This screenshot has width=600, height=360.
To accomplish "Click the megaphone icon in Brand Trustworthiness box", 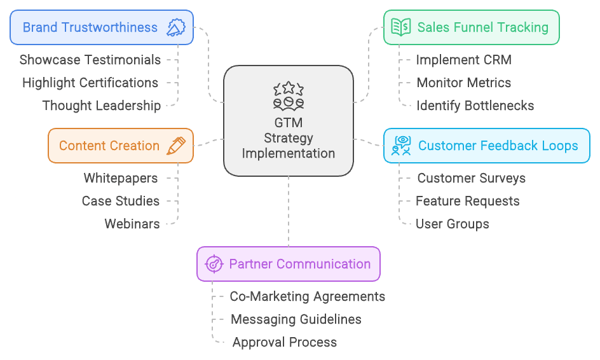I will click(x=175, y=27).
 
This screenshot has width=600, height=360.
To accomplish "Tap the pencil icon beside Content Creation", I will click(x=175, y=146).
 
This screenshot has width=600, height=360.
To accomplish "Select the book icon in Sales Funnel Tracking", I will click(x=400, y=27).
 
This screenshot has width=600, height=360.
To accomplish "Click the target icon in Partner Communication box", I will click(x=214, y=264).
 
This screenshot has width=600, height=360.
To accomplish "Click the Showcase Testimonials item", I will click(x=90, y=60).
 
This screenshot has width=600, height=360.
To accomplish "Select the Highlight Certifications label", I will click(x=90, y=83).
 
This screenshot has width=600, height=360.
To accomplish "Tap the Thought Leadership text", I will click(x=102, y=106).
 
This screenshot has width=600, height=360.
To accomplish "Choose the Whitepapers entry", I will click(x=121, y=178).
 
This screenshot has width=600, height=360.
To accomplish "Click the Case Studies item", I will click(x=121, y=201).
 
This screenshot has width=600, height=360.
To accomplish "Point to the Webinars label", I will click(x=132, y=224).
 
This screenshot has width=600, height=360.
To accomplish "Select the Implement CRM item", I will click(x=464, y=60).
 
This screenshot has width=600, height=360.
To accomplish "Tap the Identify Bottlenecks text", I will click(x=475, y=106).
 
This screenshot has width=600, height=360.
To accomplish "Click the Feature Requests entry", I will click(x=468, y=201).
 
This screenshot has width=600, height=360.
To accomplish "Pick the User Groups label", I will click(x=453, y=224).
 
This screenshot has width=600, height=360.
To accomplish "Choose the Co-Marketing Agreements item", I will click(x=308, y=296).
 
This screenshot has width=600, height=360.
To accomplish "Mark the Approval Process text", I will click(x=285, y=342).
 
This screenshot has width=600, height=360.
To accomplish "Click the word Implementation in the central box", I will click(x=289, y=153).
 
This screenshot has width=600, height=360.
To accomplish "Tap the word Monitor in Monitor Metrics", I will click(x=439, y=83).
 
